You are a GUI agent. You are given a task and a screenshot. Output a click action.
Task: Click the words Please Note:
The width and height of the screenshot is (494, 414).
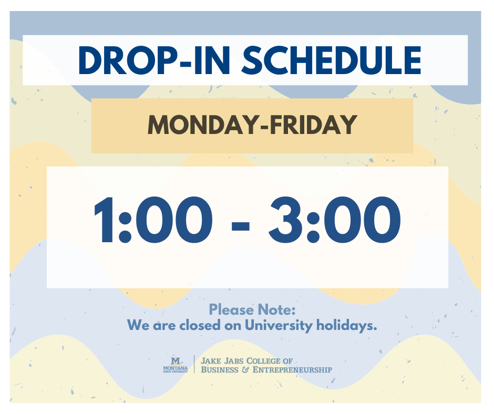pyautogui.click(x=252, y=309)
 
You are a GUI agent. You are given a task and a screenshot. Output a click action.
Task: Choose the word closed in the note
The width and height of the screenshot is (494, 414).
pyautogui.click(x=198, y=325)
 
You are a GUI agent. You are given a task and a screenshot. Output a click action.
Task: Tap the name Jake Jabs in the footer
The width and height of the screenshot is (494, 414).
pyautogui.click(x=221, y=361)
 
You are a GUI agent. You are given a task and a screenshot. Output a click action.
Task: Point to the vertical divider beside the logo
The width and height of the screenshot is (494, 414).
pyautogui.click(x=194, y=365)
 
